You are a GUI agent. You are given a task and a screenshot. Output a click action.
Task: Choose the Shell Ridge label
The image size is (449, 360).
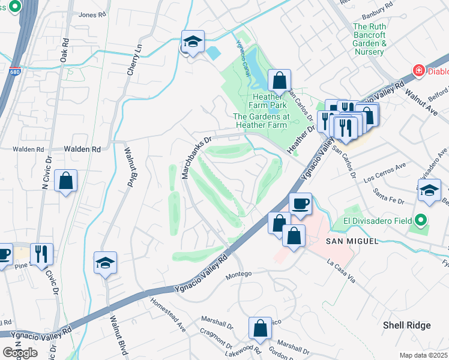tap(407, 325)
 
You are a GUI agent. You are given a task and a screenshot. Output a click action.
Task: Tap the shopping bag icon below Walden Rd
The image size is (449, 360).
tap(65, 180)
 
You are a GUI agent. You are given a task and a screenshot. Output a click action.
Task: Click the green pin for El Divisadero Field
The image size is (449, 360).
tap(421, 220)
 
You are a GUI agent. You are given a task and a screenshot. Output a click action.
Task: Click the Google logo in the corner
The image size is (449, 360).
tap(20, 353)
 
